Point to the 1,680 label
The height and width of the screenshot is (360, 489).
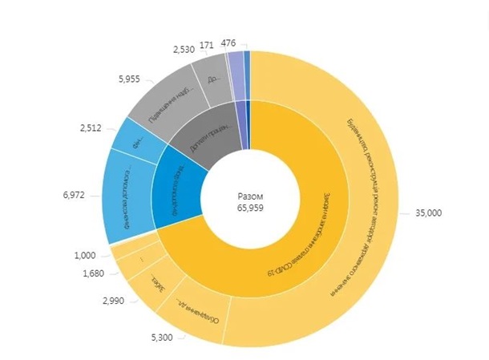[94, 275]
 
